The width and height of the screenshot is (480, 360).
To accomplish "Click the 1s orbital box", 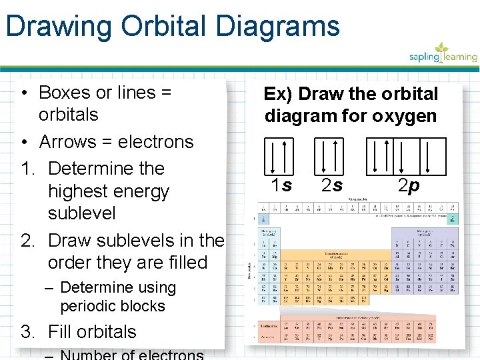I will [x=279, y=155].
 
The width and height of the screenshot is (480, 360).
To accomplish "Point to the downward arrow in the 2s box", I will [x=325, y=156].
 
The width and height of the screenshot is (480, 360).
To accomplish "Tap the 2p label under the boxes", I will [x=408, y=185].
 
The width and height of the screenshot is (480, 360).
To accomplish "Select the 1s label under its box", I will [x=281, y=185].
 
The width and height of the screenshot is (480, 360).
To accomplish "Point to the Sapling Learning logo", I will [x=443, y=53].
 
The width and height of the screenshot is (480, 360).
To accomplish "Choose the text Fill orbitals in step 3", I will [x=92, y=332].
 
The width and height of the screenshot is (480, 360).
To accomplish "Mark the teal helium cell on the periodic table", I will [x=453, y=219].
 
